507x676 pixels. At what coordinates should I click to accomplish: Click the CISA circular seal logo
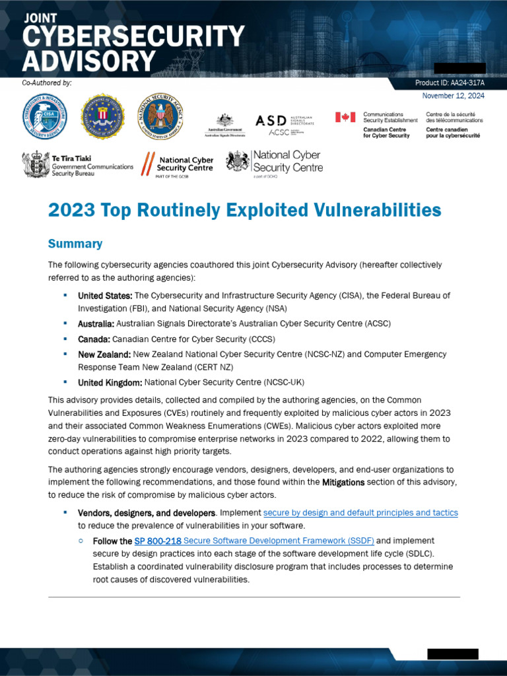coord(46,117)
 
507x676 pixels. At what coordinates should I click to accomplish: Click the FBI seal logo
coord(102,117)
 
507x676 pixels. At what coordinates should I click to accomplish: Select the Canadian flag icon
coord(345,117)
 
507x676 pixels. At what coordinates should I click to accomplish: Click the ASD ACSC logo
coord(285,124)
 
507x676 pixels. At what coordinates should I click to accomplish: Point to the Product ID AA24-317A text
coord(450,83)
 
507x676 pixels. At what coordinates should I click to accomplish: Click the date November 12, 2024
coord(453,96)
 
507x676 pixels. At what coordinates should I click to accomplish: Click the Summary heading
coord(75,244)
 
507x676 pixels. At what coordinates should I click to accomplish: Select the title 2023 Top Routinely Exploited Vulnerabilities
coord(244,210)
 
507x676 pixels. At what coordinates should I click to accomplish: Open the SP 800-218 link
coord(158,541)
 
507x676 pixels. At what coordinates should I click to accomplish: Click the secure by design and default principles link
coord(360,512)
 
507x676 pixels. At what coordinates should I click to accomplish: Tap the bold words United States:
coord(105,295)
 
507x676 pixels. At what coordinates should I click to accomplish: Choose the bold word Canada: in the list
coord(94,339)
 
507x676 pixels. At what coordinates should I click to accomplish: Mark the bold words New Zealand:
coord(104,355)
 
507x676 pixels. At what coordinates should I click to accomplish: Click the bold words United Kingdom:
coord(110,382)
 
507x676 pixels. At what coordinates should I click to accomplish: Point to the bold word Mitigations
coord(343,483)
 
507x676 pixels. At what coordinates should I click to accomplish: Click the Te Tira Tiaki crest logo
coord(36,164)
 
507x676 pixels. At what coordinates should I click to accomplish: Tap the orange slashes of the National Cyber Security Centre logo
coord(149,163)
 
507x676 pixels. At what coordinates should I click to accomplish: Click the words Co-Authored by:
coord(47,83)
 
